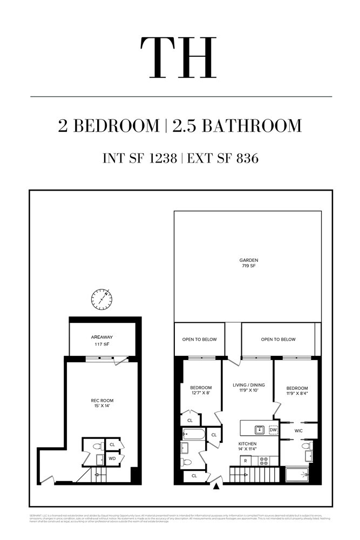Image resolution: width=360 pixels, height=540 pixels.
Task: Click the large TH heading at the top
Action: [179, 58]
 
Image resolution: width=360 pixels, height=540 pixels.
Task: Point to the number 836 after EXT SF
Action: [244, 158]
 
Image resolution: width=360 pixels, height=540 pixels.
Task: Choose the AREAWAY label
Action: [102, 337]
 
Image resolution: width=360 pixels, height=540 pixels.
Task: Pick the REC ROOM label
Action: [101, 400]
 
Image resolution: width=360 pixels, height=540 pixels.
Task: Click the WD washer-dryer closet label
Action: [112, 459]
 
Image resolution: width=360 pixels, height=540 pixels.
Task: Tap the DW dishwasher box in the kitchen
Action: [274, 429]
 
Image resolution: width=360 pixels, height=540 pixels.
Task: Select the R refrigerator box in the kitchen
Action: [246, 461]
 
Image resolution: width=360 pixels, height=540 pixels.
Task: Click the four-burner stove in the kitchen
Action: [264, 461]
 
